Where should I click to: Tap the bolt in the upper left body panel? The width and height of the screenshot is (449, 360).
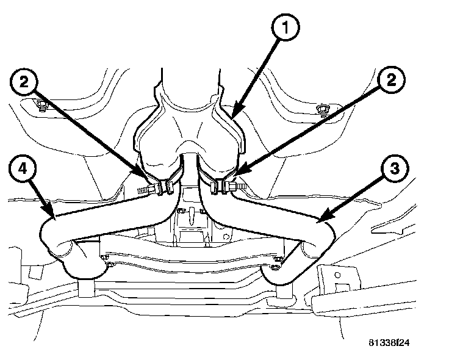pyautogui.click(x=41, y=107)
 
